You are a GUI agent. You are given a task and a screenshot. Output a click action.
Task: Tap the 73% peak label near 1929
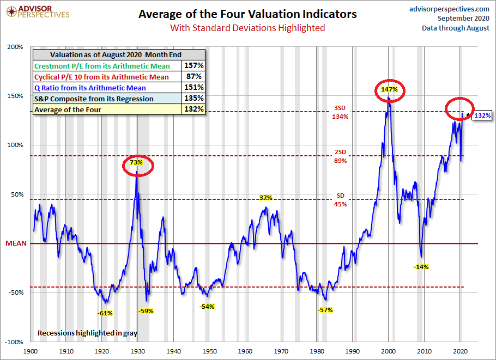[x=136, y=162]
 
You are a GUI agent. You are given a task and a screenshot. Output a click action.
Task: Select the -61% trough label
[x=105, y=313]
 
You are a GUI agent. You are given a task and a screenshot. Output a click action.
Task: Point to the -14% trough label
[x=421, y=267]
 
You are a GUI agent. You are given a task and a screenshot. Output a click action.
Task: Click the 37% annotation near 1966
[x=265, y=197]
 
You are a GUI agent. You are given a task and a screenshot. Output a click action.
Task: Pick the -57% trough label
[x=325, y=310]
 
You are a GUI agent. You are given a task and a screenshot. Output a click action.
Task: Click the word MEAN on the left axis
[x=16, y=243]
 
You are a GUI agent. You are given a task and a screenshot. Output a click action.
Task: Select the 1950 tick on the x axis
[x=209, y=352]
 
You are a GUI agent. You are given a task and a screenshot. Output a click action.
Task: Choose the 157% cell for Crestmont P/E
[x=194, y=66]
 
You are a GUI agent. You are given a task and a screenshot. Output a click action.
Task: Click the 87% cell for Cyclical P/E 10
[x=194, y=77]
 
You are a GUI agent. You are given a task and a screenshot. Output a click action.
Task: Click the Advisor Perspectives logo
[x=37, y=11]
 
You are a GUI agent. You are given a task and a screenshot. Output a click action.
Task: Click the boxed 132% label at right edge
[x=482, y=115]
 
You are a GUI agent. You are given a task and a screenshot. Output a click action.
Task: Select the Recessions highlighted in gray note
[x=87, y=332]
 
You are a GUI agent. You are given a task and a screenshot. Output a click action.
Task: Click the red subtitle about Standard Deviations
[x=247, y=27]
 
